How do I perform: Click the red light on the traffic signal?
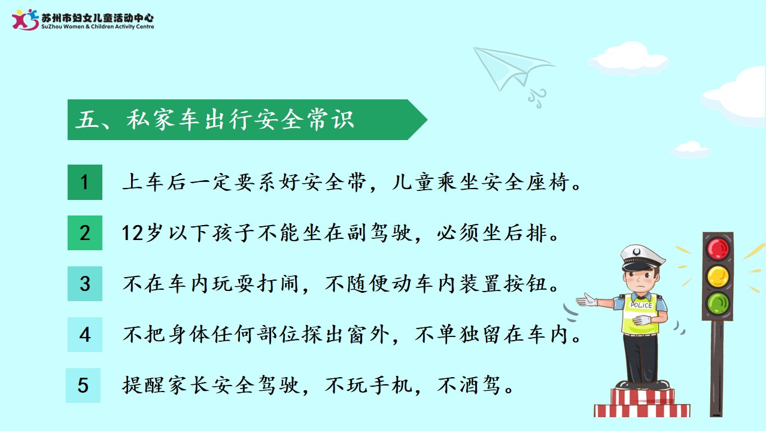tap(718, 248)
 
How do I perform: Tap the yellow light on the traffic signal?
tap(718, 277)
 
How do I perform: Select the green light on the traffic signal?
tap(718, 303)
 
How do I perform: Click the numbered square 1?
tap(85, 182)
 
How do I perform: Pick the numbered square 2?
tap(85, 233)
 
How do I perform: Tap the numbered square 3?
tap(85, 284)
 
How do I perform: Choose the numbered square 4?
tap(85, 335)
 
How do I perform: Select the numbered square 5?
tap(83, 385)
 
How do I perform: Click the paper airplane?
tap(513, 72)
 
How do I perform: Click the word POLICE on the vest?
tap(642, 305)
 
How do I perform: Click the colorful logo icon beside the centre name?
tap(25, 20)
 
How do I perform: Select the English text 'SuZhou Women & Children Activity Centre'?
tap(98, 27)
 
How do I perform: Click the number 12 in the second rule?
tap(132, 233)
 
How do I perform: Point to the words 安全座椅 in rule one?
tap(525, 182)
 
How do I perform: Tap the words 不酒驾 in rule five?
tap(469, 385)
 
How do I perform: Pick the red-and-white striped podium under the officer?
tap(642, 403)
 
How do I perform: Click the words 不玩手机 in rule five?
tap(369, 385)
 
